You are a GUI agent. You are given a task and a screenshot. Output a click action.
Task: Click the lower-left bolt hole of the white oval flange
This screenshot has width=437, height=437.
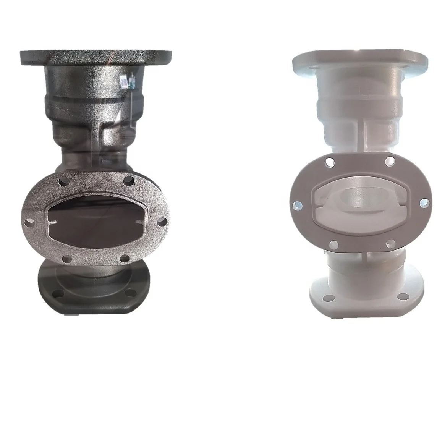333,243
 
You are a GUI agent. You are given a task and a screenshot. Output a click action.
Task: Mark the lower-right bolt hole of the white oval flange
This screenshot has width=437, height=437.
390,243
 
